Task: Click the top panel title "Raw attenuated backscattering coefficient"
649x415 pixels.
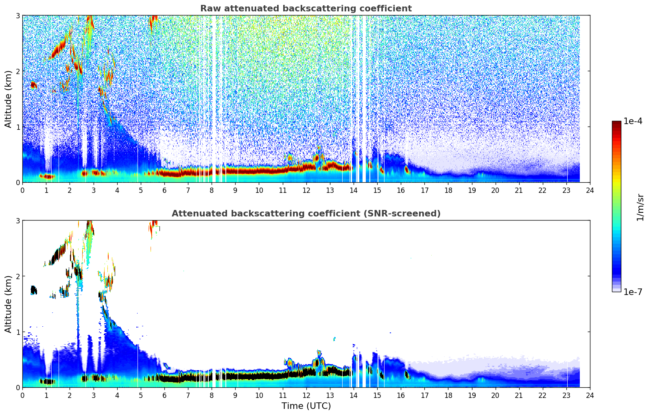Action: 306,9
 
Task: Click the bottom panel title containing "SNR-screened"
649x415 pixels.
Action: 306,214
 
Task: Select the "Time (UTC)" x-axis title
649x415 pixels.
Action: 306,406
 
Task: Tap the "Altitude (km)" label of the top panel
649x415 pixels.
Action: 9,99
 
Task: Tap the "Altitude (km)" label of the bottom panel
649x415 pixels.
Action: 9,304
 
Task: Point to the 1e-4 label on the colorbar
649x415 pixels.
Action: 633,121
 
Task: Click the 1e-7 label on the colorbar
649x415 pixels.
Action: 633,292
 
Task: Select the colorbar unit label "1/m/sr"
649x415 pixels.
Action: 640,207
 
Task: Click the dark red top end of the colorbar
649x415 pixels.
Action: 616,123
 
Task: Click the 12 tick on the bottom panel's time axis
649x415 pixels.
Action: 306,395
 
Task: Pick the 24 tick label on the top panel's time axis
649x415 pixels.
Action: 590,190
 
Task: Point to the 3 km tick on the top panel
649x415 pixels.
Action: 17,15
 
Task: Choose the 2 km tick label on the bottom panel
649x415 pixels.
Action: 17,276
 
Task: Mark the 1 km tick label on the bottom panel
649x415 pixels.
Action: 17,332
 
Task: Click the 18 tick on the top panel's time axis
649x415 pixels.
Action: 448,190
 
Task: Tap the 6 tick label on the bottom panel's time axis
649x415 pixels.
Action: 164,395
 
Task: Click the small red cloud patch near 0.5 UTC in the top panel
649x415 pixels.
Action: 34,85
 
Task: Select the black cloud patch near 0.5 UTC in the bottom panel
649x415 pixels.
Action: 34,290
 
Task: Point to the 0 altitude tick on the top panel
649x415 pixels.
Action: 17,183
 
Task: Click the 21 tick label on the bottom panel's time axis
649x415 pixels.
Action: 519,395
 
